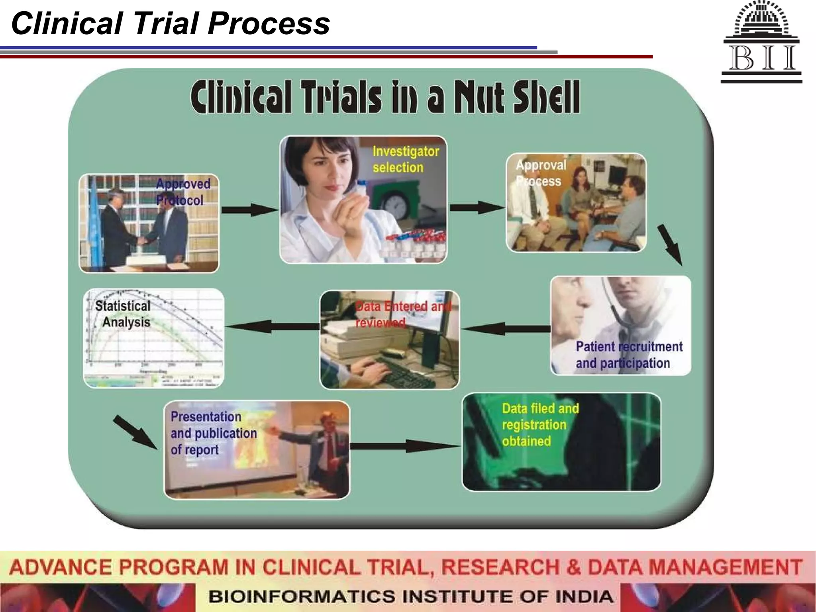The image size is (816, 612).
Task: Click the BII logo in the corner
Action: [761, 42]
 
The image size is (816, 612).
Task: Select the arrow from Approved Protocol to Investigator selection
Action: [249, 210]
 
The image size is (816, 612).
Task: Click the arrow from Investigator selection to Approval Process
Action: [477, 207]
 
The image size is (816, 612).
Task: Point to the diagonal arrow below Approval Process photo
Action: [670, 244]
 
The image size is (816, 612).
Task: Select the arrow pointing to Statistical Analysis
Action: [272, 326]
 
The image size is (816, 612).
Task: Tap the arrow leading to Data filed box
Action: [404, 446]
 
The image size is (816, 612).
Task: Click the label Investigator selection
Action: [406, 159]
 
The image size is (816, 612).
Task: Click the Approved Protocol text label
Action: [182, 192]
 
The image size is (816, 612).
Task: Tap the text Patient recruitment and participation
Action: [628, 355]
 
